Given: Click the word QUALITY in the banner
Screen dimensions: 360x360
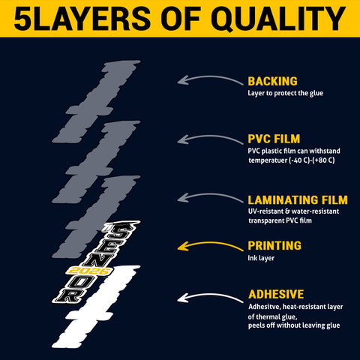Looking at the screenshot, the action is click(280, 19).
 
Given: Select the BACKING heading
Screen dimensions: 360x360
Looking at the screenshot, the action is click(272, 82).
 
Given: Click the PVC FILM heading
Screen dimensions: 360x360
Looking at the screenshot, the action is click(274, 139).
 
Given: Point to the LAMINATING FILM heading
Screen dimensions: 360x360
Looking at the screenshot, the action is click(298, 200).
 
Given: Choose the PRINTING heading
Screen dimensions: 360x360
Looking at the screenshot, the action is click(274, 246).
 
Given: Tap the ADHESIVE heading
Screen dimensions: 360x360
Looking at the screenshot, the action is click(276, 294).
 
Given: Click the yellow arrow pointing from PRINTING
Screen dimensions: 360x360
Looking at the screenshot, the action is click(210, 243).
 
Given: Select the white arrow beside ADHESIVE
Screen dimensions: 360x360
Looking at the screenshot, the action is click(210, 295).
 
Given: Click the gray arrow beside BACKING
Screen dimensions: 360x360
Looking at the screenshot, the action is click(210, 77).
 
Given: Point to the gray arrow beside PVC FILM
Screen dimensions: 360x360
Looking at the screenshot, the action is click(210, 136).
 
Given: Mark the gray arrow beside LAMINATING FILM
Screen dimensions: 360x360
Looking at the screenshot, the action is click(210, 194).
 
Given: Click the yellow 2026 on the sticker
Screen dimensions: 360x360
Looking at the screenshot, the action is click(89, 271).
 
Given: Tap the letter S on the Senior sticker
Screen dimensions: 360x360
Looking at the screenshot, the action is click(122, 231).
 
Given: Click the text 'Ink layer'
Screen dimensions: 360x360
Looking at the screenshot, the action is click(261, 258).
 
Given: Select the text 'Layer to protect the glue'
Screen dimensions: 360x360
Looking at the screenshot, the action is click(286, 93).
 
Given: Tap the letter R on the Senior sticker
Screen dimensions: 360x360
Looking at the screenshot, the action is click(69, 295).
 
